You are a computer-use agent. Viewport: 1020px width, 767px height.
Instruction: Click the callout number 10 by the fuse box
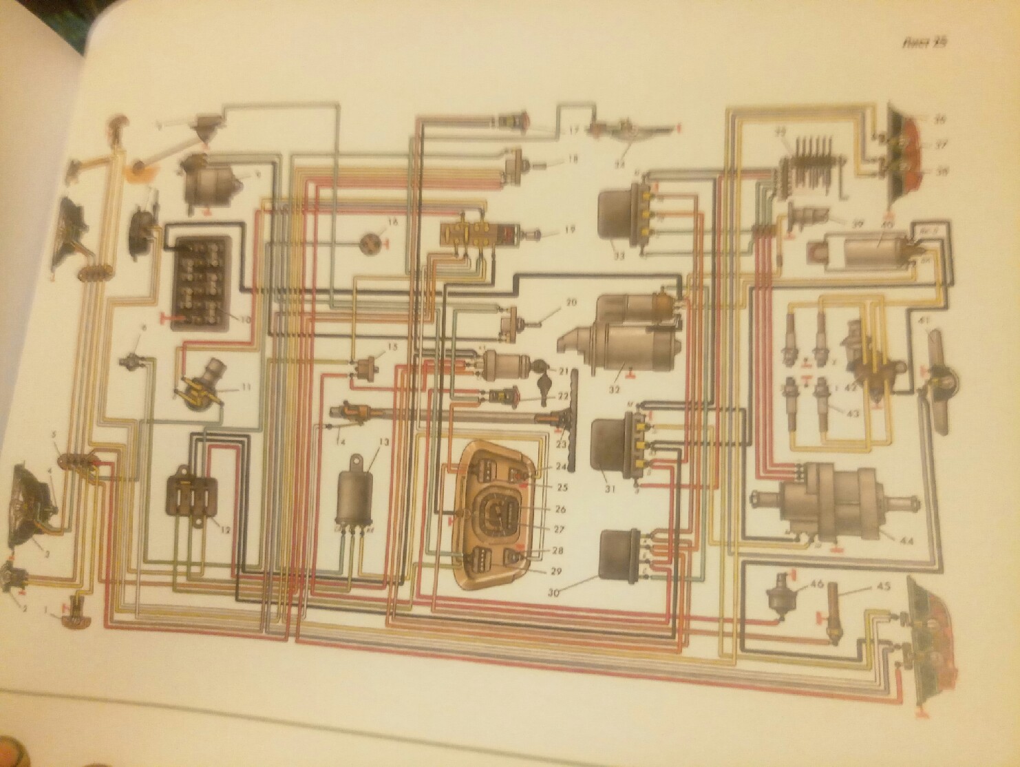[244, 319]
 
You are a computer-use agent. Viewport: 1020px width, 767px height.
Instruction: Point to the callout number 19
[568, 229]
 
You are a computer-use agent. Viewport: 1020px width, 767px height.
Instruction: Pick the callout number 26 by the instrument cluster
[561, 510]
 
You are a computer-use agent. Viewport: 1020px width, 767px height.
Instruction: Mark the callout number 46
[818, 584]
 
